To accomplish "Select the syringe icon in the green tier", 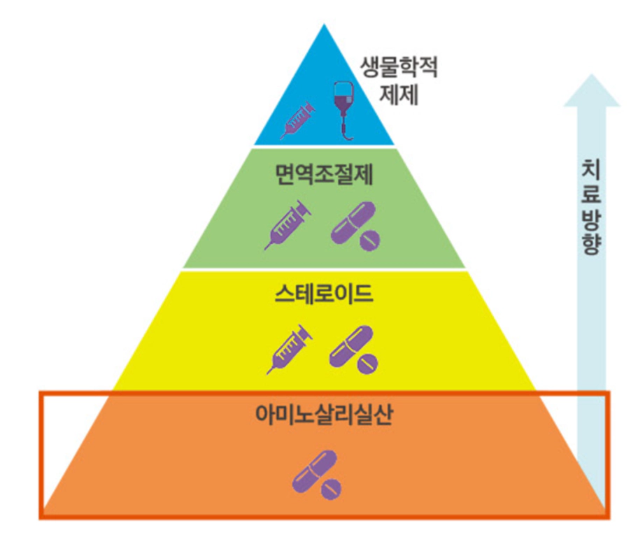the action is point(288,223).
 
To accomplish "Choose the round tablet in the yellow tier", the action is point(368,364).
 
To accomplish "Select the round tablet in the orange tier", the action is point(332,488).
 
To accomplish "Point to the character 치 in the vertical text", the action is point(591,171).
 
